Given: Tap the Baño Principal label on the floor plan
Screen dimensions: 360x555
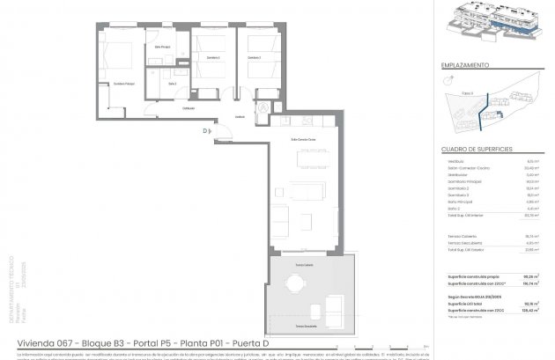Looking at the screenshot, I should point(161,46).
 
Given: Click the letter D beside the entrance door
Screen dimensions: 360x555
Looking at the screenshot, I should point(203,131).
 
